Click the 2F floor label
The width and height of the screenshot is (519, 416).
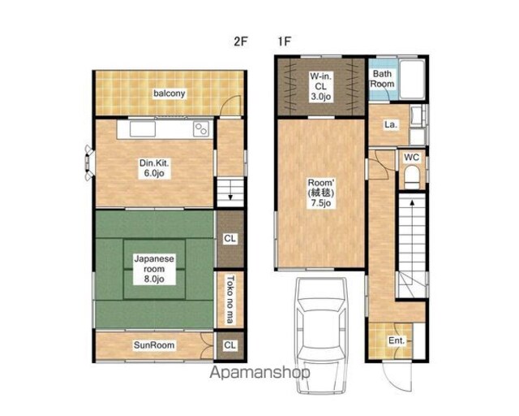click(241, 41)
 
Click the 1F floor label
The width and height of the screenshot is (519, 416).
click(285, 41)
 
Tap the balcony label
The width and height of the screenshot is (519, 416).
click(169, 93)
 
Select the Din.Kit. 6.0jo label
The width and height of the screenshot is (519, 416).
click(154, 168)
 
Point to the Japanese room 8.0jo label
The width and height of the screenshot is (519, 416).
click(154, 269)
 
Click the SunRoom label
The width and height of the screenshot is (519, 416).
click(154, 345)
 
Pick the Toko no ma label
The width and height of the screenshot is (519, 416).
click(230, 300)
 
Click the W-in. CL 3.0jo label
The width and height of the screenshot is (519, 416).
click(320, 86)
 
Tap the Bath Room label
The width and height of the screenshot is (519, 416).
click(382, 79)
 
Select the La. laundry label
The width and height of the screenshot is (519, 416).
click(391, 125)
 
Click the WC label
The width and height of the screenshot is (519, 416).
click(411, 158)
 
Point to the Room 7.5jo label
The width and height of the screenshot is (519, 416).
click(321, 193)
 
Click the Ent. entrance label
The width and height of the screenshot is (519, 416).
click(397, 340)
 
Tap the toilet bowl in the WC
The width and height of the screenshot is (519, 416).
click(412, 177)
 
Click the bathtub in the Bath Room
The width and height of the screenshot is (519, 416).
click(412, 79)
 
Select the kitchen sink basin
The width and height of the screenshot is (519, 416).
click(143, 129)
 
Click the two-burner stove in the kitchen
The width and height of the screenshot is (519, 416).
click(201, 129)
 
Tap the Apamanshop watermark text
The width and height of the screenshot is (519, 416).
click(260, 373)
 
